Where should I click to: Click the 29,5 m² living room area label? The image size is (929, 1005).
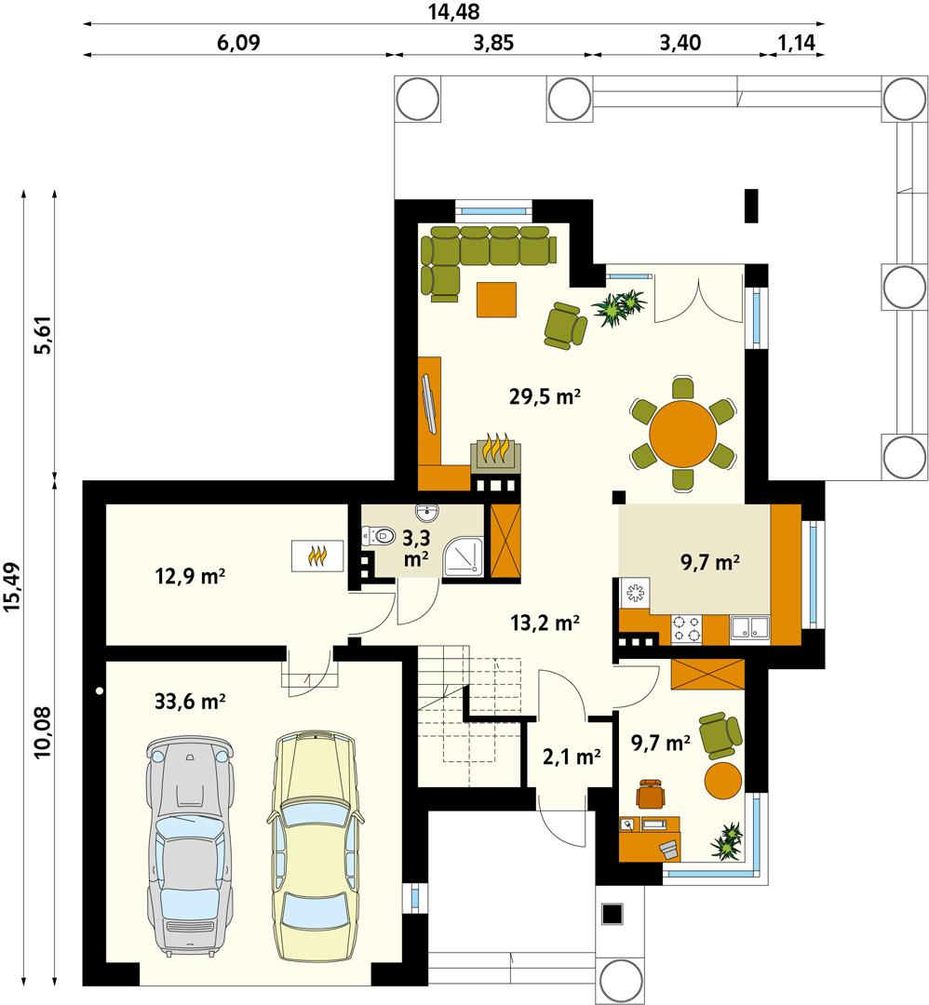(545, 396)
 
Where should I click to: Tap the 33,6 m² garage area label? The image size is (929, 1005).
(191, 701)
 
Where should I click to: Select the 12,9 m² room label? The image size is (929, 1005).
(191, 576)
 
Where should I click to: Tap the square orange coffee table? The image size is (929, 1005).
(496, 300)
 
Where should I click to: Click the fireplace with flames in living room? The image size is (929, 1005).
(497, 453)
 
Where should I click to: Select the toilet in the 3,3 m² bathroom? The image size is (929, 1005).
(377, 536)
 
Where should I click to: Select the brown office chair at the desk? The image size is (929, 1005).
(653, 794)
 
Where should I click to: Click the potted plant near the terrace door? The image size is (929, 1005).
(619, 306)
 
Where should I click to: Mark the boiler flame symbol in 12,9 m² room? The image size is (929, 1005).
(318, 556)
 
